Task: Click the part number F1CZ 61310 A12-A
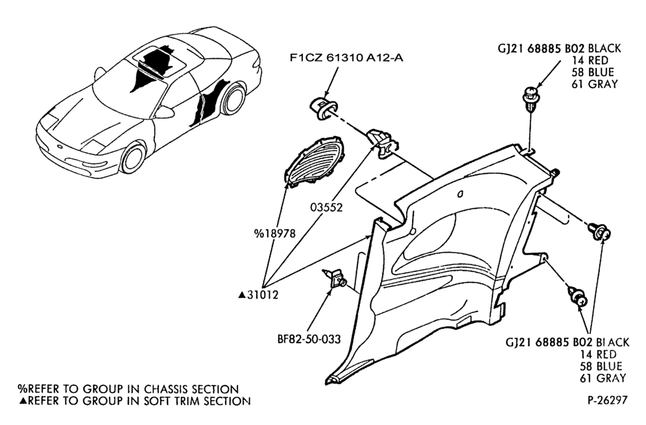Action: [346, 58]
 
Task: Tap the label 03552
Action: [326, 207]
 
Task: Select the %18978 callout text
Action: [275, 234]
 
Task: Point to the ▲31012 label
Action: [258, 295]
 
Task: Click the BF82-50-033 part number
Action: [309, 339]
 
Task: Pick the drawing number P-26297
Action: [608, 400]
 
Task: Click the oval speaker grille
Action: [314, 161]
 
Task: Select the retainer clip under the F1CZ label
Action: [324, 108]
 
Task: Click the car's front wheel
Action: [133, 157]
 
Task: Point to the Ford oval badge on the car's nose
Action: [61, 147]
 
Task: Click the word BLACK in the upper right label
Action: [604, 49]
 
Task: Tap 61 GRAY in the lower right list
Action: [603, 378]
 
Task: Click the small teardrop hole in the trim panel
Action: [461, 193]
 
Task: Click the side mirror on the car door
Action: [164, 112]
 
